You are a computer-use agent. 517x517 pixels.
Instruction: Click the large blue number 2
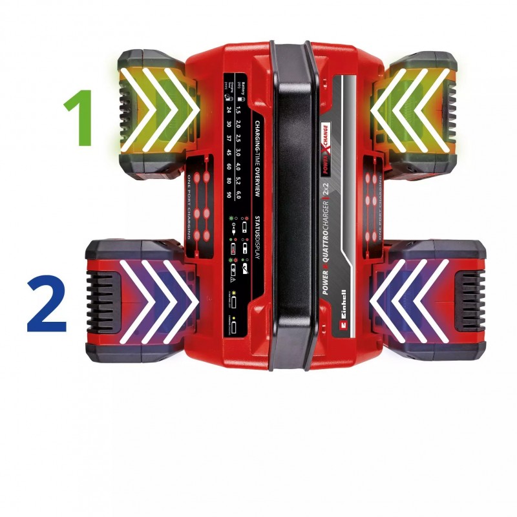47,302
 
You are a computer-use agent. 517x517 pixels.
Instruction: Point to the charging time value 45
229,153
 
